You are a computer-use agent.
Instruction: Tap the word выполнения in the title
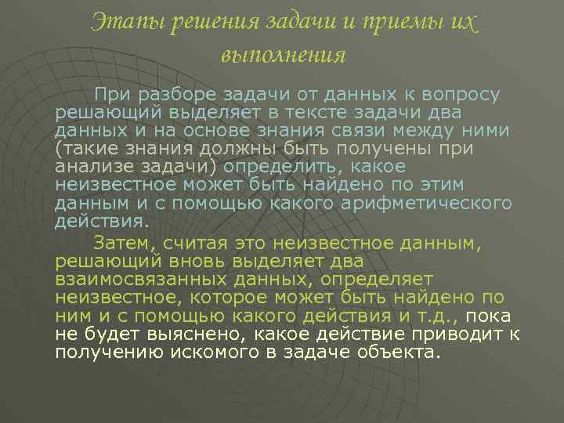click(283, 55)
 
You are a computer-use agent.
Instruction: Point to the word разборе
click(172, 95)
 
